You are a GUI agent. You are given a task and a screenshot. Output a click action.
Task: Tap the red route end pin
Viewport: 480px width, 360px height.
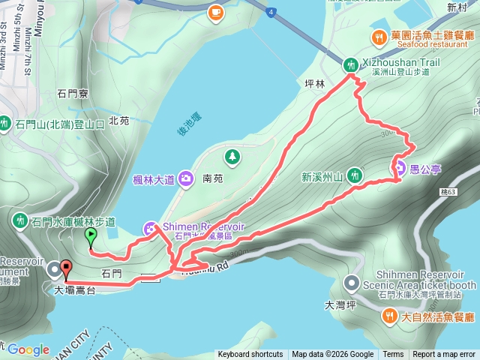pyautogui.click(x=65, y=269)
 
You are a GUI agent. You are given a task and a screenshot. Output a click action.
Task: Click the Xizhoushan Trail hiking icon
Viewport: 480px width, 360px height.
pyautogui.click(x=350, y=64)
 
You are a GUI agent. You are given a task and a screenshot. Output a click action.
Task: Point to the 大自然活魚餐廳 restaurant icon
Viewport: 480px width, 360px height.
pyautogui.click(x=389, y=316)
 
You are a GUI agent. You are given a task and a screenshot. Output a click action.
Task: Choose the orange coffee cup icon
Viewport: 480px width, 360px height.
pyautogui.click(x=215, y=12)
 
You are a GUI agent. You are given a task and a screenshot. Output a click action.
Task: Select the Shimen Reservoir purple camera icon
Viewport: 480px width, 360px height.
pyautogui.click(x=150, y=227)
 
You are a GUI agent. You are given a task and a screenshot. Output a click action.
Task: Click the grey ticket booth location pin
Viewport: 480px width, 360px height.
pyautogui.click(x=352, y=283)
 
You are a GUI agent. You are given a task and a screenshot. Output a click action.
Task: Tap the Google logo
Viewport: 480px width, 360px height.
pyautogui.click(x=28, y=349)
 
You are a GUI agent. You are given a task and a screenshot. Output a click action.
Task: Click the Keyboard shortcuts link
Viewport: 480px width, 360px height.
pyautogui.click(x=250, y=355)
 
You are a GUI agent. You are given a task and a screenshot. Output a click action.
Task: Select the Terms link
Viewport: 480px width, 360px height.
pyautogui.click(x=393, y=355)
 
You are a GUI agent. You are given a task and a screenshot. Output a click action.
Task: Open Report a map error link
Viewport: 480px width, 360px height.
pyautogui.click(x=444, y=355)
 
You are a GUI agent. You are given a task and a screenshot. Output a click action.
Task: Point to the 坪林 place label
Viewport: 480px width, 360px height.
pyautogui.click(x=315, y=84)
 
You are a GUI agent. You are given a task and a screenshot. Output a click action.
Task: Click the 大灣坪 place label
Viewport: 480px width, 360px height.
pyautogui.click(x=339, y=305)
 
